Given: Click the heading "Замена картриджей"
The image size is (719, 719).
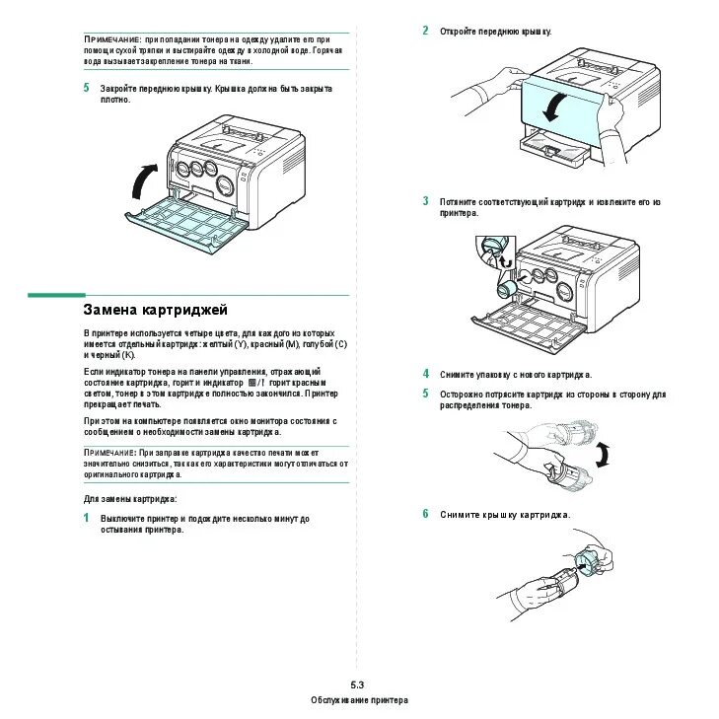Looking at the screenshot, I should [155, 310].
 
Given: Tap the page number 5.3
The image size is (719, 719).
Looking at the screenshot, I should [357, 684].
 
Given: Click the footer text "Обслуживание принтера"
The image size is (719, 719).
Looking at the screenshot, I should [358, 699].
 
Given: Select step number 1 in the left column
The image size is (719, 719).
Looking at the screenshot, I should [86, 517].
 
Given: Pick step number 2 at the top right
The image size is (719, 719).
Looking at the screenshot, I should [426, 31].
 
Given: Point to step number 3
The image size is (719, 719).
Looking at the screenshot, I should [426, 201].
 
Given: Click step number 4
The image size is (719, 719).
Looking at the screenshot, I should [426, 374].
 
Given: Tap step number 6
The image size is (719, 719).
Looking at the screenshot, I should [426, 514].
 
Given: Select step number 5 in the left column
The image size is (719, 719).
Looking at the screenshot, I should [86, 88].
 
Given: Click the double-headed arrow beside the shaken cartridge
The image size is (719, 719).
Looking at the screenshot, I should [604, 455].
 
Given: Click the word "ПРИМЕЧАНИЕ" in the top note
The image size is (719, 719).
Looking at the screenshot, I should [111, 37].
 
